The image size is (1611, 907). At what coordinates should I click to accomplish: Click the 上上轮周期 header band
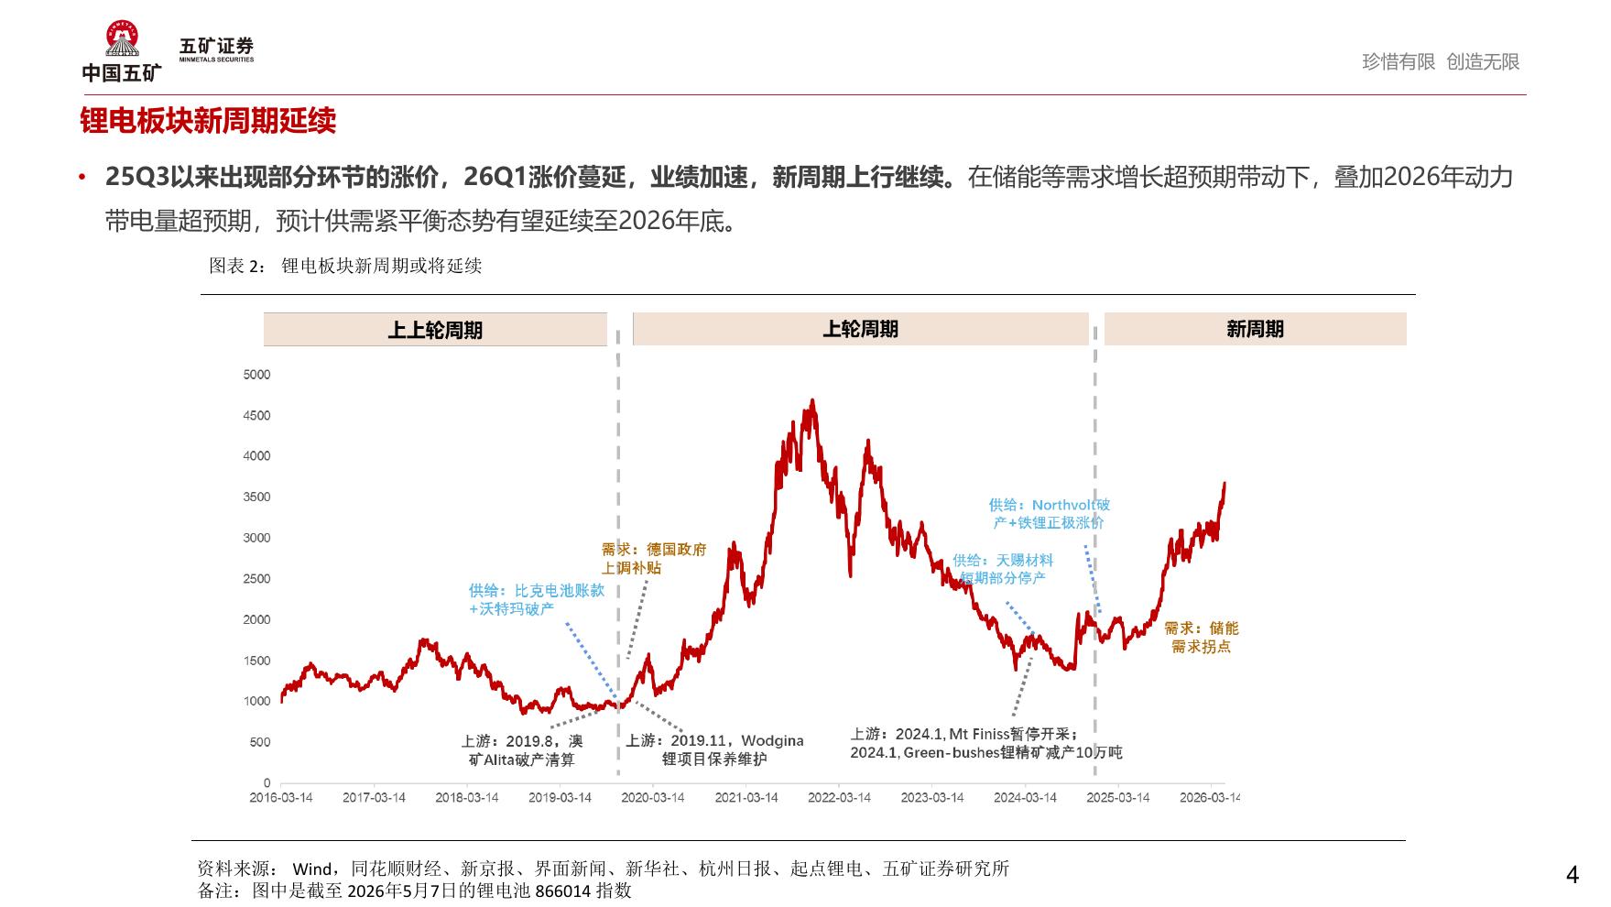point(435,330)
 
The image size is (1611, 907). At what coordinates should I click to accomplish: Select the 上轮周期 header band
point(861,329)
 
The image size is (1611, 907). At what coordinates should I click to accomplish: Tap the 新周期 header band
point(1255,329)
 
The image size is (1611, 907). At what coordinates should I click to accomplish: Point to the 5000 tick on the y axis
point(257,375)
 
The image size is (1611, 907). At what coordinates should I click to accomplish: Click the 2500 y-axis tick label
point(257,579)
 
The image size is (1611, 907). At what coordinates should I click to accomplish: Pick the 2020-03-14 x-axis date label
point(653,798)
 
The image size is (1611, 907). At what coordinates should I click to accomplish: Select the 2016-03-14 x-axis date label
point(281,798)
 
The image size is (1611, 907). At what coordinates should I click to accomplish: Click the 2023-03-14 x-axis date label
point(932,798)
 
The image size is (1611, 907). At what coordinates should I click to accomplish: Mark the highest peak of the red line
point(812,399)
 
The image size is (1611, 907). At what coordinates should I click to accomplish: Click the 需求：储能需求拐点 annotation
point(1202,637)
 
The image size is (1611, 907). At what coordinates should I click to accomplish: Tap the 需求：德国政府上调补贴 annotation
point(654,558)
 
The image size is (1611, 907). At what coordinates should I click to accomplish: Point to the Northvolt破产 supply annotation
point(1050,513)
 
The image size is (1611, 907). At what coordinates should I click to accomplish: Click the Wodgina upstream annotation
point(714,749)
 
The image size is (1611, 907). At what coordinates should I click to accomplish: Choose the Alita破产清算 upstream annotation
point(522,749)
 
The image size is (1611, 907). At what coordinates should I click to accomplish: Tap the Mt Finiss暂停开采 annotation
point(985,743)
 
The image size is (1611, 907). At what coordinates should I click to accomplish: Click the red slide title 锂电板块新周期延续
point(208,121)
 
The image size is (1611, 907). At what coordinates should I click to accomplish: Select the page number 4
point(1573,875)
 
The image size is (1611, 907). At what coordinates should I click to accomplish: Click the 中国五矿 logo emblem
point(122,38)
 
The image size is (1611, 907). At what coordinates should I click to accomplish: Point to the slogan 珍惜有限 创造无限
point(1441,61)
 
